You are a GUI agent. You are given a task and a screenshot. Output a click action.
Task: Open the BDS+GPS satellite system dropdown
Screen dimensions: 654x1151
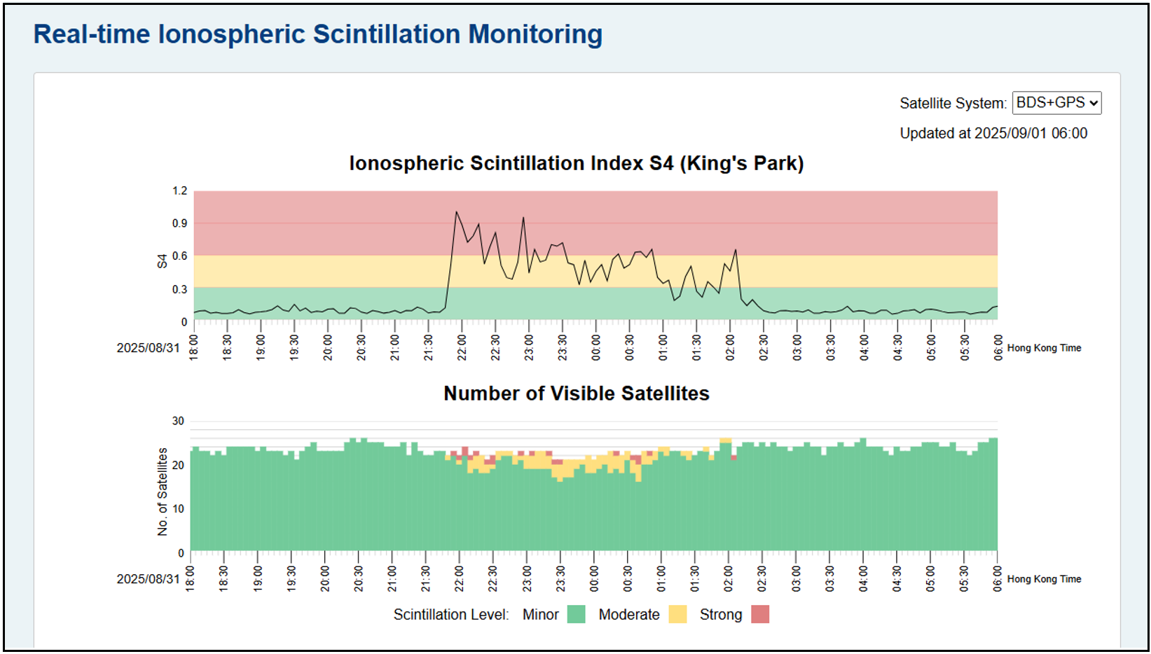click(x=1056, y=103)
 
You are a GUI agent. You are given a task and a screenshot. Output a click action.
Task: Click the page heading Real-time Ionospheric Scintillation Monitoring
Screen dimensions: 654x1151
click(x=318, y=34)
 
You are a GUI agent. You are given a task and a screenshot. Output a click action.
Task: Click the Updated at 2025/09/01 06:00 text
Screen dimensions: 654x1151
click(x=993, y=133)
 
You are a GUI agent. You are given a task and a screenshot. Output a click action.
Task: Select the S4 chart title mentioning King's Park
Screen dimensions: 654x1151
click(x=576, y=163)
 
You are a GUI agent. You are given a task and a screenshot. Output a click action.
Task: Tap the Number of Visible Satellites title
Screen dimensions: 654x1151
click(x=576, y=394)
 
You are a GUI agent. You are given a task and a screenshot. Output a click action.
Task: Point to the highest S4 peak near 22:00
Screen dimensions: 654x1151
click(x=457, y=211)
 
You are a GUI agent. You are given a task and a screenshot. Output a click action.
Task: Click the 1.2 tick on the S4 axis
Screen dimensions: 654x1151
click(x=180, y=190)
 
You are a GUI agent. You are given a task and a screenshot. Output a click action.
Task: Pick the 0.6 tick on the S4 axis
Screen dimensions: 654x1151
click(x=180, y=256)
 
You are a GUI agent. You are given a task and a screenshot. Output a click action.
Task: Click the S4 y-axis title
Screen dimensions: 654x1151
click(x=162, y=260)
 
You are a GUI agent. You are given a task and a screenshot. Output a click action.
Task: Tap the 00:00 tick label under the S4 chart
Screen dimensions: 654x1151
click(x=596, y=347)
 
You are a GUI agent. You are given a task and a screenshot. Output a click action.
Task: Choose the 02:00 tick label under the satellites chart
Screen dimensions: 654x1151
click(x=728, y=578)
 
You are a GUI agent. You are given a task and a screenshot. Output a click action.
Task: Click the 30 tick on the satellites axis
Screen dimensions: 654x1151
click(x=178, y=421)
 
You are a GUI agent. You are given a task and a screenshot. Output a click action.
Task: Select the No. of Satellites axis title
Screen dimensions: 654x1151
click(x=163, y=492)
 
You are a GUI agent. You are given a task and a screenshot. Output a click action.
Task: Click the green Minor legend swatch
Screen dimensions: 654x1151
click(x=576, y=614)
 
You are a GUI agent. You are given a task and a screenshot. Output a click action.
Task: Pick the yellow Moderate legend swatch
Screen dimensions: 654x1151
click(x=677, y=614)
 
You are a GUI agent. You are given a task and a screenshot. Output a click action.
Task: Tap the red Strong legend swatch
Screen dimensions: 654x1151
click(x=760, y=614)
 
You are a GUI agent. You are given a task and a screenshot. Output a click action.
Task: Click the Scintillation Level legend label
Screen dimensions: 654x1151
click(x=450, y=614)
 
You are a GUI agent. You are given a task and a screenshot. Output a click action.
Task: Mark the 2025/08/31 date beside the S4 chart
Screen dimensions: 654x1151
click(x=148, y=348)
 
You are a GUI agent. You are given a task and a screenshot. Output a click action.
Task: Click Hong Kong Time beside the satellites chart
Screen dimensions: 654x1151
click(x=1044, y=579)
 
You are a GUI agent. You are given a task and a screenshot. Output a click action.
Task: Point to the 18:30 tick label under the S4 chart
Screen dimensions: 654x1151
click(x=227, y=347)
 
